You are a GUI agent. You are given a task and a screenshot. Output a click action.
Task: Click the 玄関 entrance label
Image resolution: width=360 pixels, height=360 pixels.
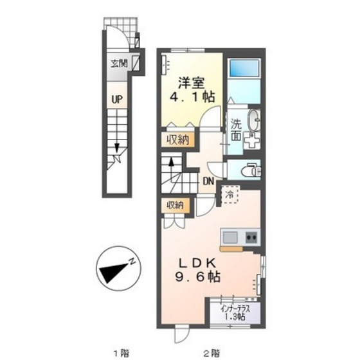(x=119, y=63)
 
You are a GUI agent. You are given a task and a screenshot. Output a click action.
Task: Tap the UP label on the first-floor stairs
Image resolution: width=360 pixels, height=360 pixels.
(x=117, y=99)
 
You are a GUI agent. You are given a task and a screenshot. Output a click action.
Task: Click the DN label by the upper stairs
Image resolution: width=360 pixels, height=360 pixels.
(x=208, y=181)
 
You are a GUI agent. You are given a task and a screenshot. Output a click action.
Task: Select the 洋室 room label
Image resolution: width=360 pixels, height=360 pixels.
(x=192, y=83)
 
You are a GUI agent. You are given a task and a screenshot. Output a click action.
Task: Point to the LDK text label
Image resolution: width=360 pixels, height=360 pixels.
(x=197, y=263)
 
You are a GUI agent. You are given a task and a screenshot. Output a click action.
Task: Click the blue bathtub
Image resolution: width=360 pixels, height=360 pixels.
(x=244, y=68)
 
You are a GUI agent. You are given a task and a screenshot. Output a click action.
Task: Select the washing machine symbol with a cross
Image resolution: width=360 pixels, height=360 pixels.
(x=252, y=141)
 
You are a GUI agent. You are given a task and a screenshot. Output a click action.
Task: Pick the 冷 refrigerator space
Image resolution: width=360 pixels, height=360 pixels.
(x=230, y=194)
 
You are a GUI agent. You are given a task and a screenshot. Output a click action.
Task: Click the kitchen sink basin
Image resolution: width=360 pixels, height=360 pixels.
(x=230, y=237)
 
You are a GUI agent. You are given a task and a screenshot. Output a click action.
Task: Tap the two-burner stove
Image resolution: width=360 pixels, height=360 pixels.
(x=251, y=237)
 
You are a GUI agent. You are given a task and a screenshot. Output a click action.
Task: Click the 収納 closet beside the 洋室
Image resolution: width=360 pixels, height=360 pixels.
(x=177, y=139)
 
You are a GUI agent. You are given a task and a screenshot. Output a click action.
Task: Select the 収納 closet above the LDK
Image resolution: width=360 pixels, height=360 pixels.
(x=175, y=205)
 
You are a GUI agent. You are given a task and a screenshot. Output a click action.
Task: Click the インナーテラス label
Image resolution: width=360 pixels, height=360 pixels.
(x=235, y=309)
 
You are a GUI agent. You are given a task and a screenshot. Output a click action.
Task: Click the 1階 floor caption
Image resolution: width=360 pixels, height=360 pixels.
(x=122, y=352)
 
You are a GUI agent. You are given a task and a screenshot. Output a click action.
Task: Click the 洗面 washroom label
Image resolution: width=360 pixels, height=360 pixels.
(x=236, y=130)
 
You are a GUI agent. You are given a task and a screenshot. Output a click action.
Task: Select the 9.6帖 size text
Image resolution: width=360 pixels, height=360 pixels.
(x=198, y=276)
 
